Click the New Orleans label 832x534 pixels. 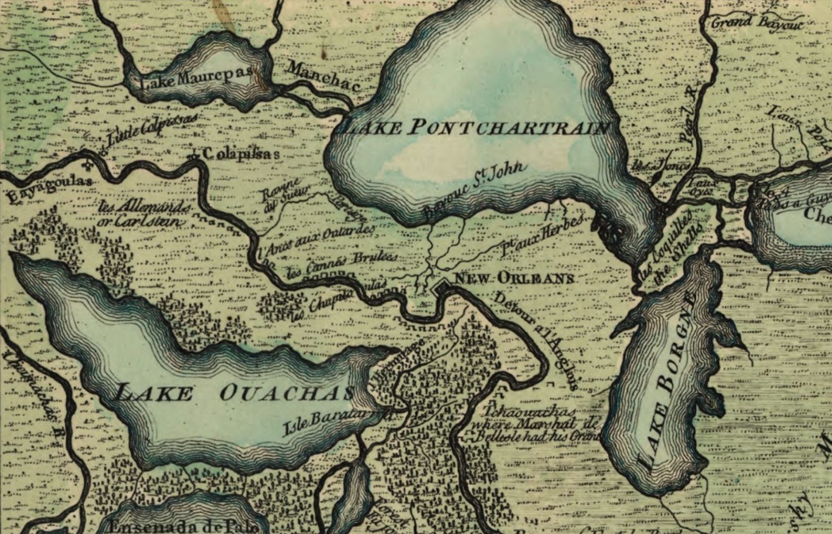coord(514,278)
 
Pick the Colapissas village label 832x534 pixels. coord(240,154)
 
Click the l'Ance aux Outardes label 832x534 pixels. coord(317,241)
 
